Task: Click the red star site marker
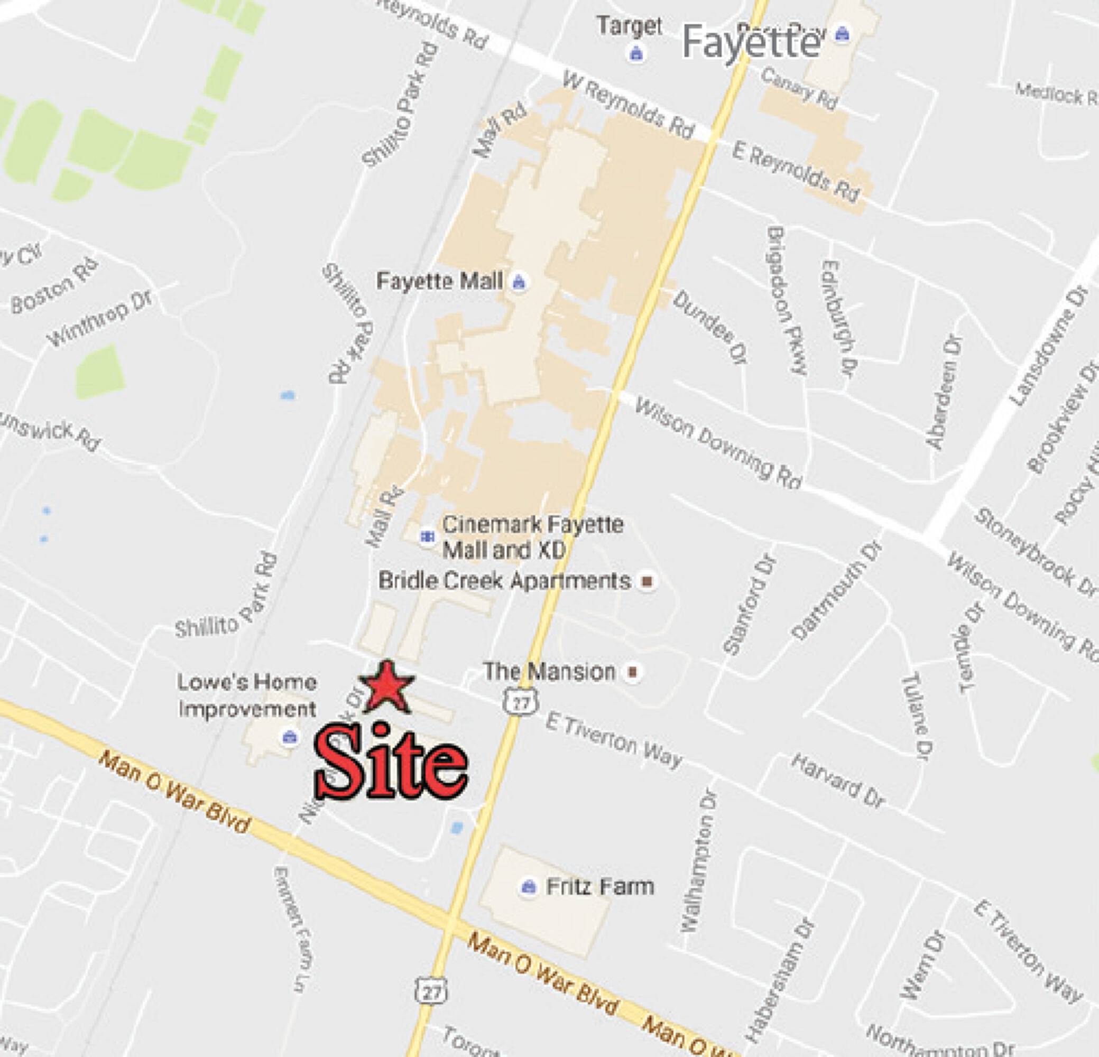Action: pyautogui.click(x=386, y=687)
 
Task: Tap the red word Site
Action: pyautogui.click(x=391, y=763)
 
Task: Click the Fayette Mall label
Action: pyautogui.click(x=439, y=281)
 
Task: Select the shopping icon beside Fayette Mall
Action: pyautogui.click(x=519, y=282)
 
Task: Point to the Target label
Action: pyautogui.click(x=629, y=26)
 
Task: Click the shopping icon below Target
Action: pyautogui.click(x=635, y=54)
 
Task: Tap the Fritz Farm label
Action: pyautogui.click(x=600, y=887)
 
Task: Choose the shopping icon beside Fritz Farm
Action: pyautogui.click(x=527, y=887)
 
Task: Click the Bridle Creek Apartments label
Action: pyautogui.click(x=505, y=581)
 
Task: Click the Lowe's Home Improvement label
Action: pyautogui.click(x=247, y=696)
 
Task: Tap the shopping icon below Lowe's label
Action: pyautogui.click(x=289, y=736)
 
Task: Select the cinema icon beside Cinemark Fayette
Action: pyautogui.click(x=428, y=537)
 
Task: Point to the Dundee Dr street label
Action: pyautogui.click(x=710, y=327)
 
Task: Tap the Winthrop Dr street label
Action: pyautogui.click(x=100, y=317)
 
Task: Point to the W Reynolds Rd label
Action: pyautogui.click(x=629, y=105)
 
